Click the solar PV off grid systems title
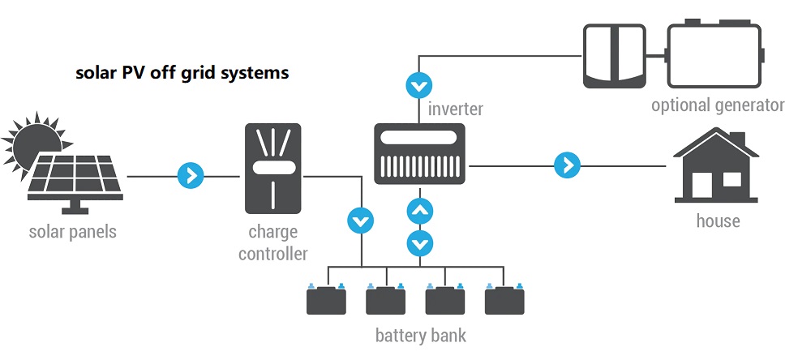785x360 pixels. [x=182, y=73]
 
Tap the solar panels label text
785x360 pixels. [x=72, y=232]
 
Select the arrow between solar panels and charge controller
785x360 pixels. [x=191, y=174]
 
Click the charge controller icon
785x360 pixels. [x=272, y=169]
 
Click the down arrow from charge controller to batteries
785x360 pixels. [x=359, y=221]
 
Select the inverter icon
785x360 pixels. [x=418, y=153]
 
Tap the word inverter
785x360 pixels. [x=456, y=109]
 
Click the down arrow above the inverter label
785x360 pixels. [x=419, y=84]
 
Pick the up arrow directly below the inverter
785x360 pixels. [x=419, y=212]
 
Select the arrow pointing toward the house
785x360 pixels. [x=567, y=165]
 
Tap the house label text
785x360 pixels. [x=718, y=221]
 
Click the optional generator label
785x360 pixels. [x=718, y=105]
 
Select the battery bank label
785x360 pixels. [x=421, y=335]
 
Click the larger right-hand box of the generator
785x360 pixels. [x=714, y=56]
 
